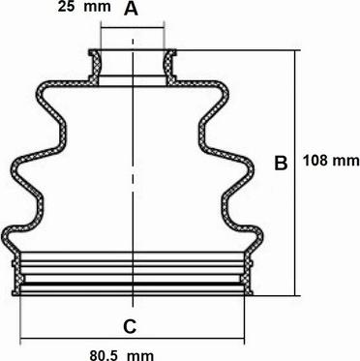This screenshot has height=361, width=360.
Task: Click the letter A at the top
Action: click(x=131, y=9)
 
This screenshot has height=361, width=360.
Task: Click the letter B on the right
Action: click(x=281, y=163)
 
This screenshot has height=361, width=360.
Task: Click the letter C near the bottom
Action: click(x=130, y=326)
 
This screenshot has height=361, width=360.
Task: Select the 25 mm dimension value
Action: click(x=84, y=7)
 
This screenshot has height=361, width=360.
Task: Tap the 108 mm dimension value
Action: click(x=331, y=161)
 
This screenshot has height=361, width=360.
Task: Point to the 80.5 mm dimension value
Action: click(x=122, y=355)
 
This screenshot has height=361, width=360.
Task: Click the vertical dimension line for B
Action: click(x=295, y=173)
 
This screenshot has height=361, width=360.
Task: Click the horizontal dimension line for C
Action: click(x=133, y=339)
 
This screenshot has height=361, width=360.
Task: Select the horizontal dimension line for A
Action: click(x=133, y=28)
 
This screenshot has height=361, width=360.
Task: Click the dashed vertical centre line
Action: click(x=133, y=172)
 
